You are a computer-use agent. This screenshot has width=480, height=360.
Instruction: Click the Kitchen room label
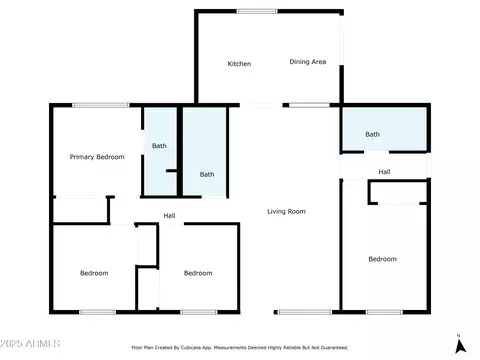click(239, 64)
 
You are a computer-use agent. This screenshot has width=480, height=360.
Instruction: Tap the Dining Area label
click(308, 62)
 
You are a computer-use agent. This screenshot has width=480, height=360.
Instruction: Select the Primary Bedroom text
click(97, 157)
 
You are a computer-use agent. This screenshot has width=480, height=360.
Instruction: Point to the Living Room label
click(286, 211)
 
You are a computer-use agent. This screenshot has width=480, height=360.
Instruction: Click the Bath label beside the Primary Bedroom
click(159, 146)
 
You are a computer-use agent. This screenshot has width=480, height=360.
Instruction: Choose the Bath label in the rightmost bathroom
click(372, 134)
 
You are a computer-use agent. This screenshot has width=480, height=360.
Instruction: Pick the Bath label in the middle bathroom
click(207, 174)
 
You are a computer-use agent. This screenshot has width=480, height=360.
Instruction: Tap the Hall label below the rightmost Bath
click(384, 172)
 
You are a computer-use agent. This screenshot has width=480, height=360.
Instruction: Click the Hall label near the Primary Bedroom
click(169, 216)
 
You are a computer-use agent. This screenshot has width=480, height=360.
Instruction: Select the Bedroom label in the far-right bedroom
click(382, 259)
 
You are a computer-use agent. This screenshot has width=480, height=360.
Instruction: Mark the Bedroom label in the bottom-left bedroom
click(94, 273)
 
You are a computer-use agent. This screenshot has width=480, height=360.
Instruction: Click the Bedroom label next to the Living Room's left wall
click(198, 273)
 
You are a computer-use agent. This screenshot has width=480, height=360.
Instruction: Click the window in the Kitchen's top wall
click(257, 11)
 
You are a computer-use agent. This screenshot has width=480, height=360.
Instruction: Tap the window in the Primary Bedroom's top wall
click(101, 105)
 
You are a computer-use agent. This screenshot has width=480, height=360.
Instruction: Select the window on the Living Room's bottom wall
click(305, 312)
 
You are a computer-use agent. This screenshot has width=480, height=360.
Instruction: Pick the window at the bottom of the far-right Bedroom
click(384, 312)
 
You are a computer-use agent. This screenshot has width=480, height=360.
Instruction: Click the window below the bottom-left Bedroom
click(97, 312)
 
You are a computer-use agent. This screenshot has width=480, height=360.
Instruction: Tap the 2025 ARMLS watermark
click(30, 344)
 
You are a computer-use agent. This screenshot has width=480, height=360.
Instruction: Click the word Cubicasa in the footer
click(190, 348)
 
